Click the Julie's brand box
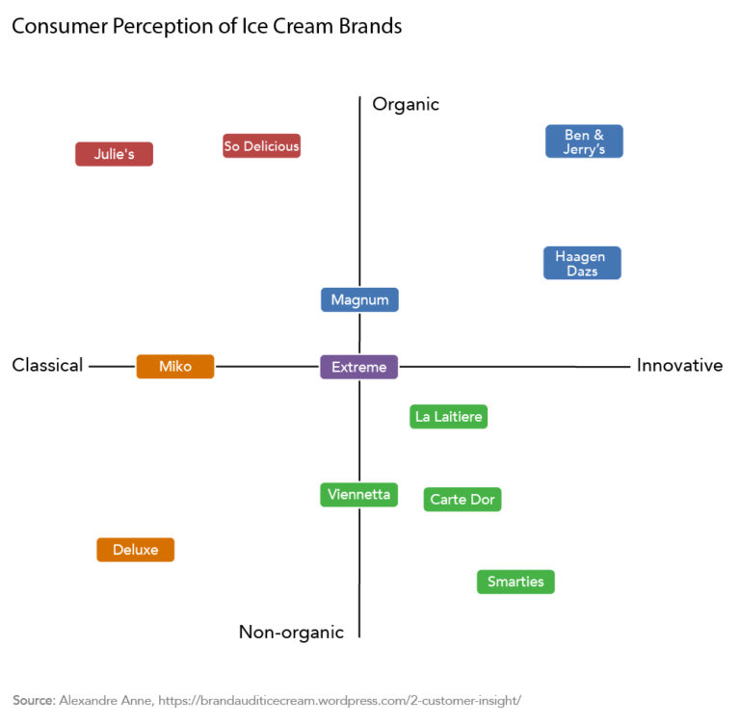(x=114, y=154)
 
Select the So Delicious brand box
(x=261, y=146)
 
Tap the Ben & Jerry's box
(x=584, y=142)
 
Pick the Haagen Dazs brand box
(x=582, y=263)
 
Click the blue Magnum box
(x=359, y=299)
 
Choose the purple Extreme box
(x=358, y=367)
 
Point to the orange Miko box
(x=175, y=366)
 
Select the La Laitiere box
(x=448, y=417)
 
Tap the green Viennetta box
(x=358, y=495)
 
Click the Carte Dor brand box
(x=462, y=500)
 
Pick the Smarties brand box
(x=515, y=582)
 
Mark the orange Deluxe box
(x=135, y=550)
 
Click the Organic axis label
(x=406, y=104)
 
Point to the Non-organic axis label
(x=291, y=632)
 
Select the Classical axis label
(x=47, y=366)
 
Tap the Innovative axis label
(x=679, y=366)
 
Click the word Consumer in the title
(x=59, y=26)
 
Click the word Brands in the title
(x=368, y=26)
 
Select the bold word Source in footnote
(x=33, y=700)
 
